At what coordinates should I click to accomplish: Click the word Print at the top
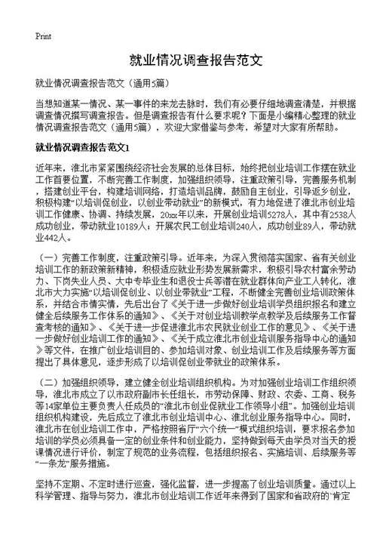point(43,36)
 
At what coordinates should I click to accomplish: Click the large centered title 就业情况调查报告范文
point(195,60)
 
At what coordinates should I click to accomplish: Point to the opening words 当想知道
point(54,103)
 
